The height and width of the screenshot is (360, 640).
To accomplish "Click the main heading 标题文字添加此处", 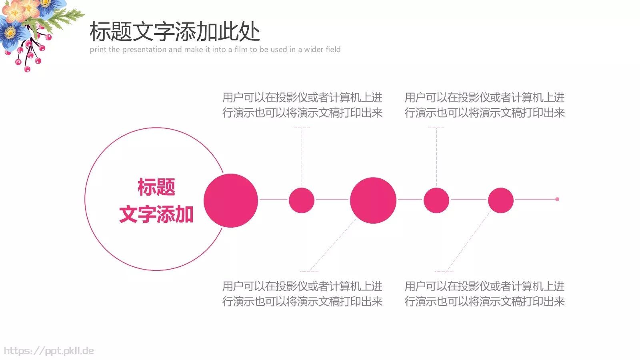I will pyautogui.click(x=175, y=32).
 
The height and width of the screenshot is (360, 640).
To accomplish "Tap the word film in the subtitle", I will pyautogui.click(x=241, y=50).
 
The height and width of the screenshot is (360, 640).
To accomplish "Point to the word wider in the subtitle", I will pyautogui.click(x=313, y=50).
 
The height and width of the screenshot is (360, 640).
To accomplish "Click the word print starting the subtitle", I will pyautogui.click(x=98, y=50).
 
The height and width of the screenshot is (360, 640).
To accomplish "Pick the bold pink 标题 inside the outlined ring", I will pyautogui.click(x=156, y=187).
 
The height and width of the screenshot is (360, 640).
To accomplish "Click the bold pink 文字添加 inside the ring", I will pyautogui.click(x=156, y=214).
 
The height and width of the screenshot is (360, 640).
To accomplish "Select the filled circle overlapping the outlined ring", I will pyautogui.click(x=231, y=200).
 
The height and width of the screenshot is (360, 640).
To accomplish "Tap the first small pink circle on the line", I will pyautogui.click(x=302, y=200).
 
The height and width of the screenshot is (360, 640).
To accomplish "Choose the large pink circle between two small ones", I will pyautogui.click(x=373, y=200).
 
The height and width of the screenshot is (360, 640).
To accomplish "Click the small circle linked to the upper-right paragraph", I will pyautogui.click(x=436, y=200).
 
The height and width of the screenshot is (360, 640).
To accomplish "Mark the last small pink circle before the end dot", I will pyautogui.click(x=501, y=200).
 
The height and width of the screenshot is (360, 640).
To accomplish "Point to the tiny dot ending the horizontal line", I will pyautogui.click(x=557, y=199).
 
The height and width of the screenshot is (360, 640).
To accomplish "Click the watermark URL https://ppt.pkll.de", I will pyautogui.click(x=49, y=351).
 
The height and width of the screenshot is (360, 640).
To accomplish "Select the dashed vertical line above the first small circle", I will pyautogui.click(x=302, y=156).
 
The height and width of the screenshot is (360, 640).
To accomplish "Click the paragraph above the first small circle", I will pyautogui.click(x=302, y=105).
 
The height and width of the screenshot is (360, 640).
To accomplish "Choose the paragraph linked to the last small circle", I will pyautogui.click(x=484, y=294).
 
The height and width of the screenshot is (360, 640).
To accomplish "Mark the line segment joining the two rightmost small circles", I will pyautogui.click(x=468, y=199).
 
